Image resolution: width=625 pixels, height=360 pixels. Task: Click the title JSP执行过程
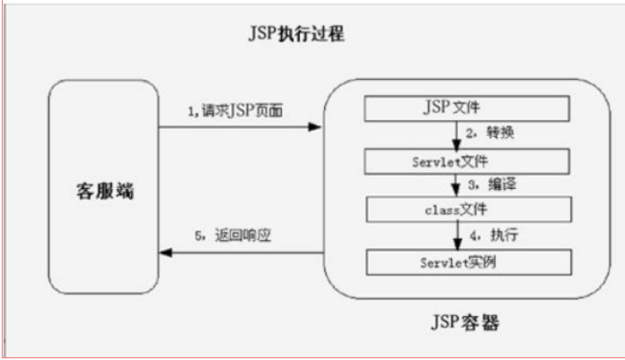point(295,34)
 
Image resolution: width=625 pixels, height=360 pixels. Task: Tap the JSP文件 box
point(466,109)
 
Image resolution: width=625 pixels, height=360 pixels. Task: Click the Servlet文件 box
point(466,161)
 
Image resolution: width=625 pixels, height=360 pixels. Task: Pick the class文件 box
point(466,210)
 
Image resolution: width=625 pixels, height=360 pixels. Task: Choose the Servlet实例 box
point(466,262)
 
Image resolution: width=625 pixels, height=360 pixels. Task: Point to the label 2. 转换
point(488,135)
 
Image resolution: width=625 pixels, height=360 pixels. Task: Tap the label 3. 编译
point(487,186)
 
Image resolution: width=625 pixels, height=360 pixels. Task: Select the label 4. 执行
point(488,236)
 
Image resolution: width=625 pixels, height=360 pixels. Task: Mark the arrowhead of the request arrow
point(314,128)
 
